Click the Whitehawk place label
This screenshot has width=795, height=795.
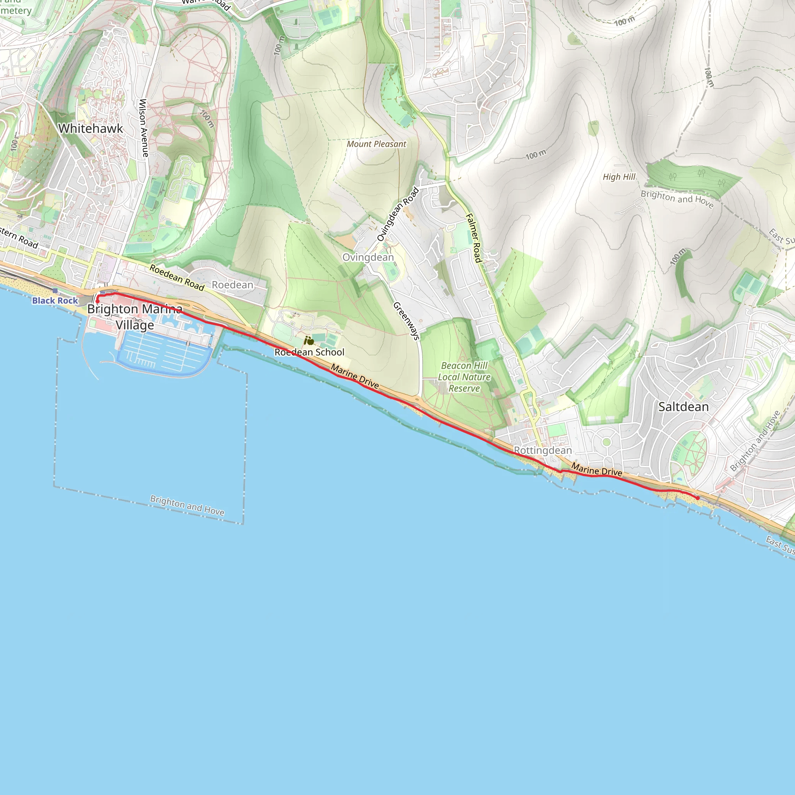90,128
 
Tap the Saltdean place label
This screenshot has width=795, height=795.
684,407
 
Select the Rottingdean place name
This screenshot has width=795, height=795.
543,450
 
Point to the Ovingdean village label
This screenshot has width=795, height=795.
368,257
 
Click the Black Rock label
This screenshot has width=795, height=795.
55,300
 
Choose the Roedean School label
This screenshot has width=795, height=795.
309,352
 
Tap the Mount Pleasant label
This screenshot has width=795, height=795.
376,144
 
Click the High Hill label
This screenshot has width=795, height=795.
619,177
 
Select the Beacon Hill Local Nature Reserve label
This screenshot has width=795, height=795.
464,377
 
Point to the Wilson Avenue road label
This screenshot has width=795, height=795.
143,128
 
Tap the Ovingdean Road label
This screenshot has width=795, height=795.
398,214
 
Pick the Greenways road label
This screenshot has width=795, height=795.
406,321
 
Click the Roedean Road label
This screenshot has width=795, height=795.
177,277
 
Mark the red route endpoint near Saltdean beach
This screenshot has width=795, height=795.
698,498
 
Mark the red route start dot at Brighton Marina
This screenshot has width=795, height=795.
97,301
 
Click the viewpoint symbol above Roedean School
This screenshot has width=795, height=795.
309,341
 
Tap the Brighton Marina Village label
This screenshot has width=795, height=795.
135,317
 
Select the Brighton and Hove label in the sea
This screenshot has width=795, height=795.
187,505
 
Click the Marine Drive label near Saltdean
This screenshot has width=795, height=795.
597,470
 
